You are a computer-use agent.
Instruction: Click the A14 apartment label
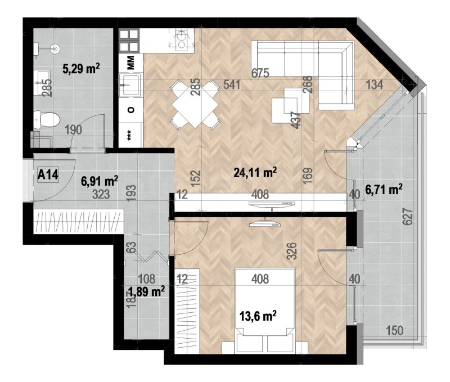point(48,174)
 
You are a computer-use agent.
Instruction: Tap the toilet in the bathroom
point(46,119)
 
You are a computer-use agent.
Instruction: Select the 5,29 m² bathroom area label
point(80,70)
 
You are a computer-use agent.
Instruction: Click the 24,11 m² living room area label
point(257,173)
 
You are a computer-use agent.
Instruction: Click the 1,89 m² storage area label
point(146,291)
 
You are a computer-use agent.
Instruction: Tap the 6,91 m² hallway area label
point(99,181)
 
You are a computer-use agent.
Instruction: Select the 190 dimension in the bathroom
point(73,130)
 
